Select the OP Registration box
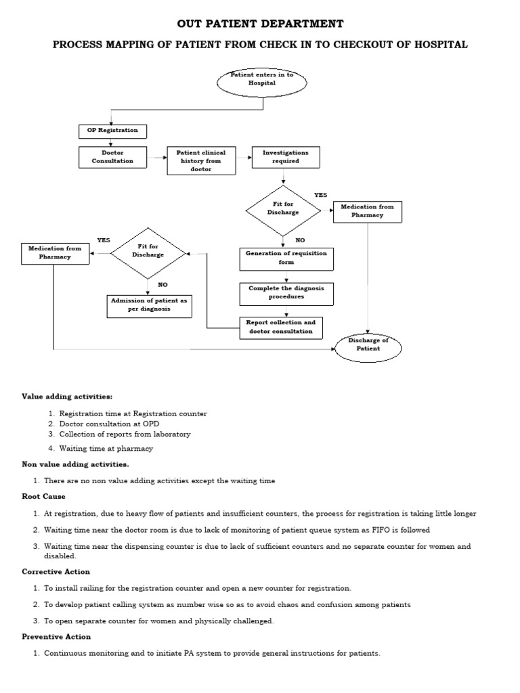click(112, 131)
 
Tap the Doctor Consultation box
click(112, 157)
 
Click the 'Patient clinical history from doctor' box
click(196, 161)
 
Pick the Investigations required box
click(285, 157)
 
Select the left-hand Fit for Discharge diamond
click(148, 252)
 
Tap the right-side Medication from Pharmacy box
click(367, 211)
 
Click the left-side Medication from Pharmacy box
click(55, 253)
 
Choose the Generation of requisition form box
click(286, 258)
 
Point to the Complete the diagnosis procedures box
click(286, 292)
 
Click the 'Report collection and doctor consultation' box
click(280, 328)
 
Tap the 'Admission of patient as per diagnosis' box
click(149, 305)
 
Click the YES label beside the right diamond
click(320, 195)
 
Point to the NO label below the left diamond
click(162, 284)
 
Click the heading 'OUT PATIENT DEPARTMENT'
click(260, 24)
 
